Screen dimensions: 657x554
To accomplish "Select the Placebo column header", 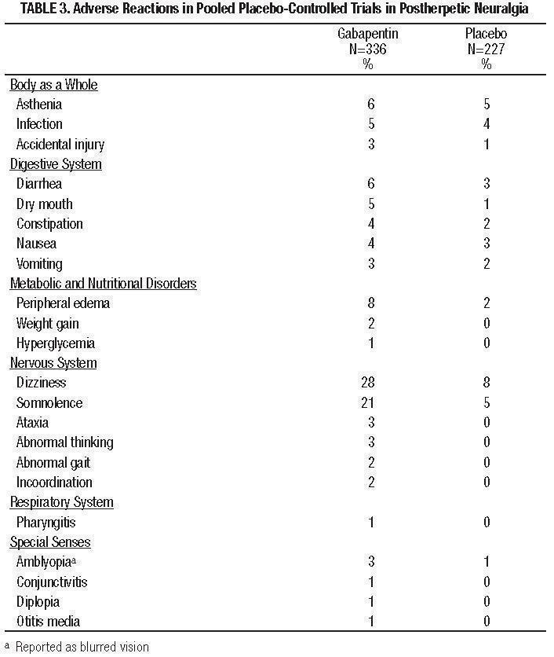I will pos(486,35).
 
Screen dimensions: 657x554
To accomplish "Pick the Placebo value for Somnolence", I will pos(486,403).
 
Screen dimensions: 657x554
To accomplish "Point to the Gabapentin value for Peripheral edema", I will pos(370,303).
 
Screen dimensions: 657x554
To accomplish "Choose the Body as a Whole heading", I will pos(53,85).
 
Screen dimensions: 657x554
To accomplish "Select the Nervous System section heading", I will pos(53,363).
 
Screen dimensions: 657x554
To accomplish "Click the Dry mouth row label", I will pos(45,204).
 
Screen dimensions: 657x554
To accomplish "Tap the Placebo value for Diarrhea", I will pos(486,184).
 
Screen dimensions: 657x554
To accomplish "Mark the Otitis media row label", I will pos(48,622).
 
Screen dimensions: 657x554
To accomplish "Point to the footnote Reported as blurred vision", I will pos(82,648).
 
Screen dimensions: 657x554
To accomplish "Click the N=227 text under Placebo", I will pos(486,50).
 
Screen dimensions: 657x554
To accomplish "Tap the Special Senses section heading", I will pos(50,542).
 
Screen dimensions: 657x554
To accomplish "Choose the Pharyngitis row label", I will pos(46,522).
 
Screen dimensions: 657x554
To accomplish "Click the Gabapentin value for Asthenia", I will pos(370,105).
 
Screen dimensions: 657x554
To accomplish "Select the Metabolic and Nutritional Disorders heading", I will pos(103,284).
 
